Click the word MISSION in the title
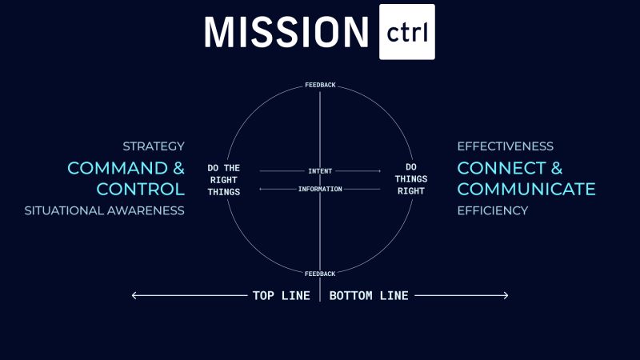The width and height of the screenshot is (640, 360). [x=286, y=31]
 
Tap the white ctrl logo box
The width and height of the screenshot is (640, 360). [x=407, y=31]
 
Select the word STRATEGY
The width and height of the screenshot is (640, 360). [x=154, y=146]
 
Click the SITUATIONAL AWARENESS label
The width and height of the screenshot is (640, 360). [x=104, y=210]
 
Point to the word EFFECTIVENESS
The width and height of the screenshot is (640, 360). [x=505, y=146]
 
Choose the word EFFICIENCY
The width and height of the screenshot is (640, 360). [x=492, y=210]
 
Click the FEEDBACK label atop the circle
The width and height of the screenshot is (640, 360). [x=320, y=85]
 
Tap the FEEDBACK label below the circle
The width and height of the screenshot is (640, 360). [x=320, y=274]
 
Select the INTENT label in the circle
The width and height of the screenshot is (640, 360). [x=320, y=171]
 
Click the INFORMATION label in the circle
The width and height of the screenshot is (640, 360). [x=320, y=190]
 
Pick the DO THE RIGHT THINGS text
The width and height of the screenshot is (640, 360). [x=223, y=180]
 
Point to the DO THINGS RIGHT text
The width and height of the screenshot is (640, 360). [x=410, y=180]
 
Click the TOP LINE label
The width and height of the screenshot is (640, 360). [x=281, y=296]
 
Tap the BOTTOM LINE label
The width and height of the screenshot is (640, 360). [x=369, y=296]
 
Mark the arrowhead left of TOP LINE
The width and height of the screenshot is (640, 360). [x=134, y=296]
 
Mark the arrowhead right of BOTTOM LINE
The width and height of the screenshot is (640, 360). [x=506, y=296]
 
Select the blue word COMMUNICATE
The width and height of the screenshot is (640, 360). [x=526, y=190]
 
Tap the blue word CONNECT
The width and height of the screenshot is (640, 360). [x=500, y=168]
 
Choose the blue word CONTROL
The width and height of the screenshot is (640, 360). [x=140, y=190]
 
